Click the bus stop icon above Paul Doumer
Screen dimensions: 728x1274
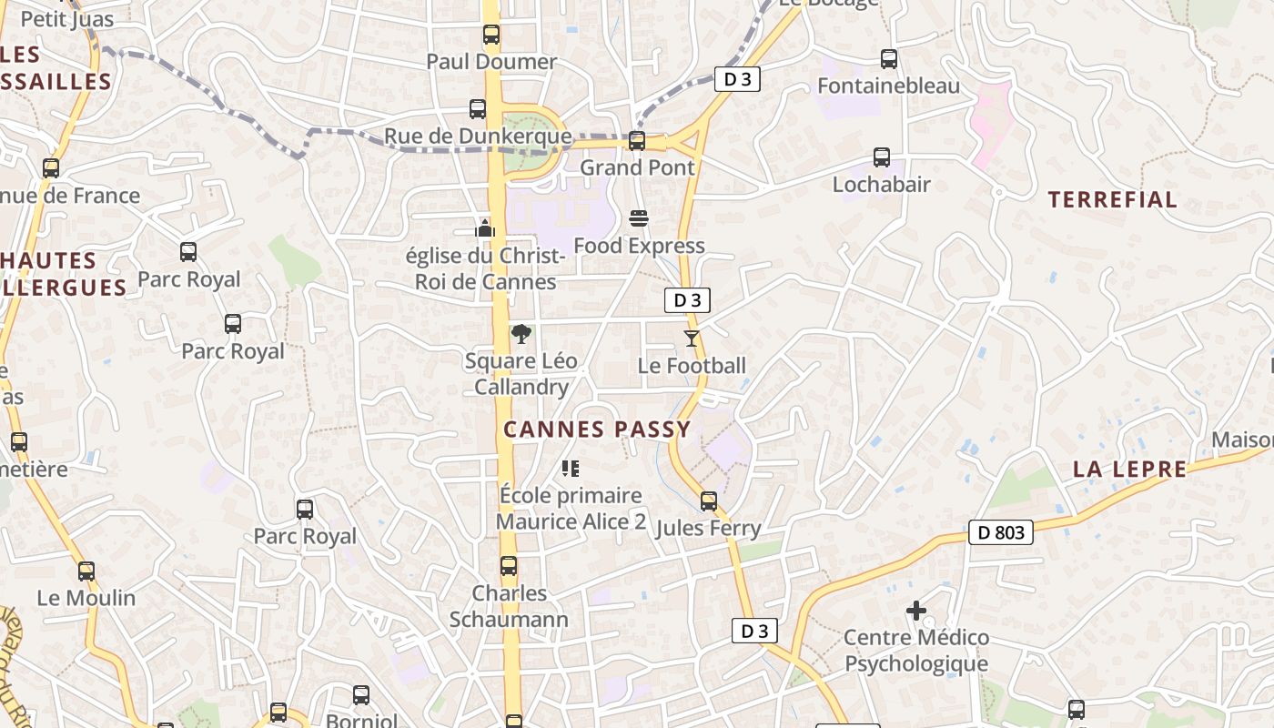tap(491, 35)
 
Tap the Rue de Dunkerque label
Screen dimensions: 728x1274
tap(478, 136)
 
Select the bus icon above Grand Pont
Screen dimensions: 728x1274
tap(637, 141)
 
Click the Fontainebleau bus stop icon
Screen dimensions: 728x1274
tap(889, 59)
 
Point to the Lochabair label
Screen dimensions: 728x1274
tap(881, 185)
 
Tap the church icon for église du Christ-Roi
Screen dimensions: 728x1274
tap(485, 227)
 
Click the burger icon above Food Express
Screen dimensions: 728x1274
tap(639, 218)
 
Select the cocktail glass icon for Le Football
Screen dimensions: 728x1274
tap(692, 339)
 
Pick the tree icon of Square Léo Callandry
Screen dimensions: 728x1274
tap(521, 334)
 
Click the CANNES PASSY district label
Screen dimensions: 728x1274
tap(597, 430)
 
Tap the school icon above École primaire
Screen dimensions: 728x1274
tap(571, 469)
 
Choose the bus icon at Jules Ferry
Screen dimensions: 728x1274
tap(709, 500)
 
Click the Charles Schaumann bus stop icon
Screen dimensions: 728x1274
tap(509, 565)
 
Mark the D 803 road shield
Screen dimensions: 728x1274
tap(1000, 532)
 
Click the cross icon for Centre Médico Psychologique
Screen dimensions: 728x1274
tap(916, 611)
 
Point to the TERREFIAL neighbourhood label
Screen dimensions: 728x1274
tap(1112, 200)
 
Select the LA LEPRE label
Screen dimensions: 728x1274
tap(1129, 470)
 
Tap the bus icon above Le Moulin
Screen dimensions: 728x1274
tap(86, 571)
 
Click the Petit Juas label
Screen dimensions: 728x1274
tap(66, 19)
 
